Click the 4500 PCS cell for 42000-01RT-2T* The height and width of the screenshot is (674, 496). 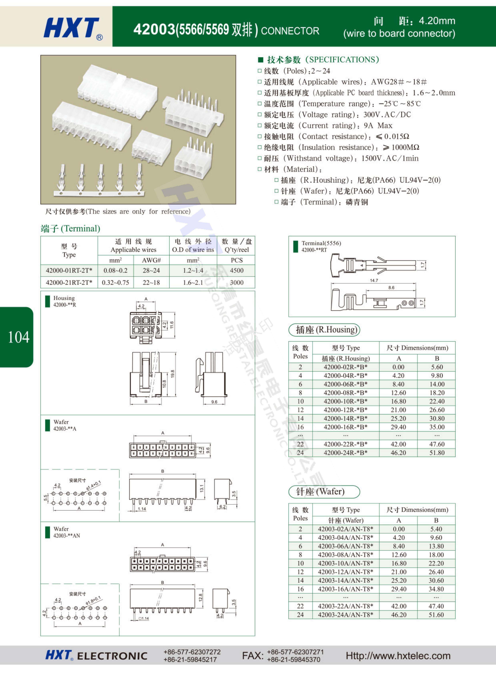(237, 270)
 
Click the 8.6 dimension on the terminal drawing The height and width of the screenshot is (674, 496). (391, 288)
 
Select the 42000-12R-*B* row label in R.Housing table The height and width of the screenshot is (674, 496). (345, 410)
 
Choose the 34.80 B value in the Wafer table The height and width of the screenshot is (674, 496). (436, 589)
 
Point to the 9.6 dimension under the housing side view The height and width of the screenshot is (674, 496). (214, 402)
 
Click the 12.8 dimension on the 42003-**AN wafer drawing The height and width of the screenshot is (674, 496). (201, 597)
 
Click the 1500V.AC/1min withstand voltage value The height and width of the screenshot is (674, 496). (390, 158)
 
